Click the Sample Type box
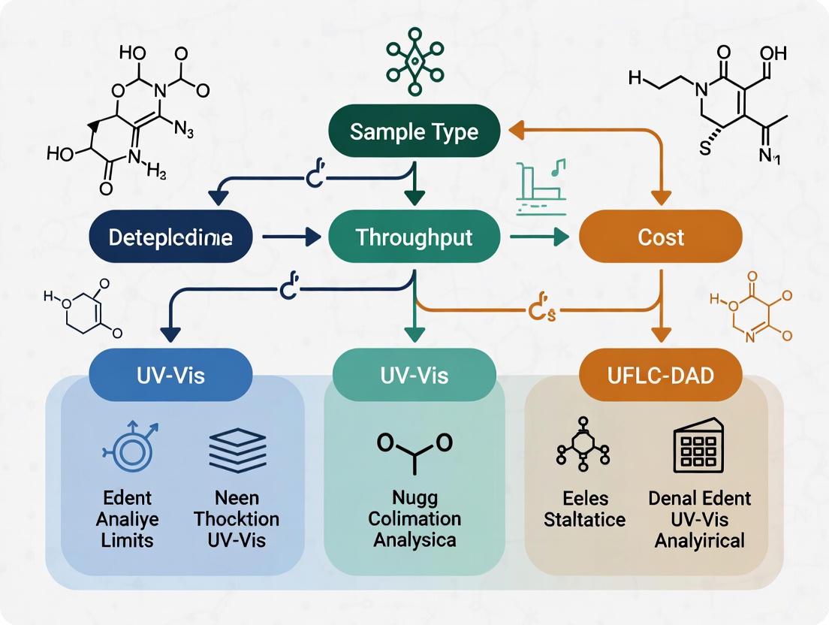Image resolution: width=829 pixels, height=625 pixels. coord(414,132)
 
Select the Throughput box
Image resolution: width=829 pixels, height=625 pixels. coord(414,237)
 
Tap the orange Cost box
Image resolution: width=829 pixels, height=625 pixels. coord(661,237)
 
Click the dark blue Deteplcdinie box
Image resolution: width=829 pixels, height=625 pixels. coord(170,237)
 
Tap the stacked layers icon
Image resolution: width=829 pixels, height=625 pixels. coord(237,451)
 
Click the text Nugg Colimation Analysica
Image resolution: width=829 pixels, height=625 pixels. coord(415,518)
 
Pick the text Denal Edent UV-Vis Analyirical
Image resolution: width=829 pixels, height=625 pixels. coord(699,518)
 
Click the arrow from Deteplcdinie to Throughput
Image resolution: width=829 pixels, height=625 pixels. coord(293,238)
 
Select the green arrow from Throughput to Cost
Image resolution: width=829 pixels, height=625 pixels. coord(538,238)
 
